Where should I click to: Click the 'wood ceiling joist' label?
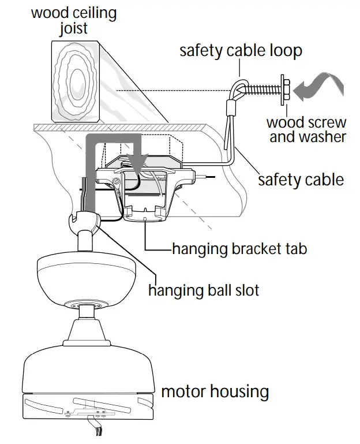pyautogui.click(x=73, y=21)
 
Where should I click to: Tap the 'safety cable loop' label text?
pyautogui.click(x=241, y=50)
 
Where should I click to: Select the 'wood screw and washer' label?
pyautogui.click(x=306, y=130)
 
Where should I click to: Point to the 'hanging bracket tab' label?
pyautogui.click(x=239, y=249)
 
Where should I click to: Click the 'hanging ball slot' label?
pyautogui.click(x=204, y=289)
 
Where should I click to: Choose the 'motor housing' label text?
pyautogui.click(x=215, y=392)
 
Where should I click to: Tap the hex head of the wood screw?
pyautogui.click(x=285, y=89)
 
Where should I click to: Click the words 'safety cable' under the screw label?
pyautogui.click(x=301, y=180)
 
